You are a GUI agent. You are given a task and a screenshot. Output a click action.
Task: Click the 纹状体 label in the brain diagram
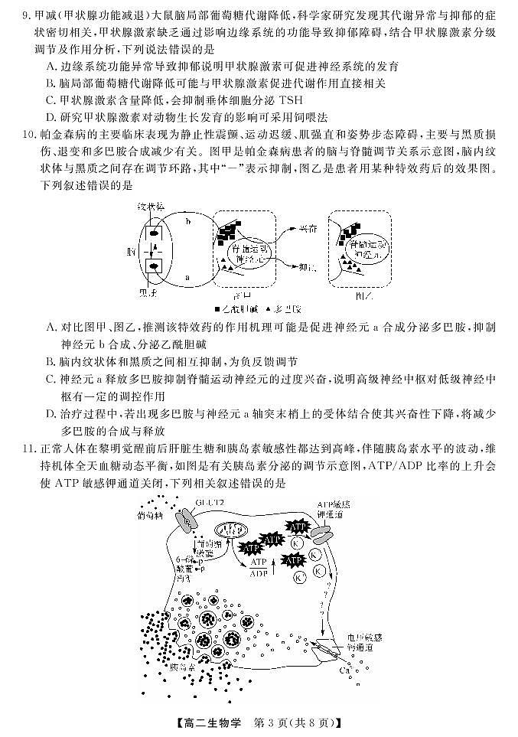(150, 207)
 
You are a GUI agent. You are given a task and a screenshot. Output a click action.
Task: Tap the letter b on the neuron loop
(188, 221)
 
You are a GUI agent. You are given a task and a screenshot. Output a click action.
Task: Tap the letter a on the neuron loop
(188, 277)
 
